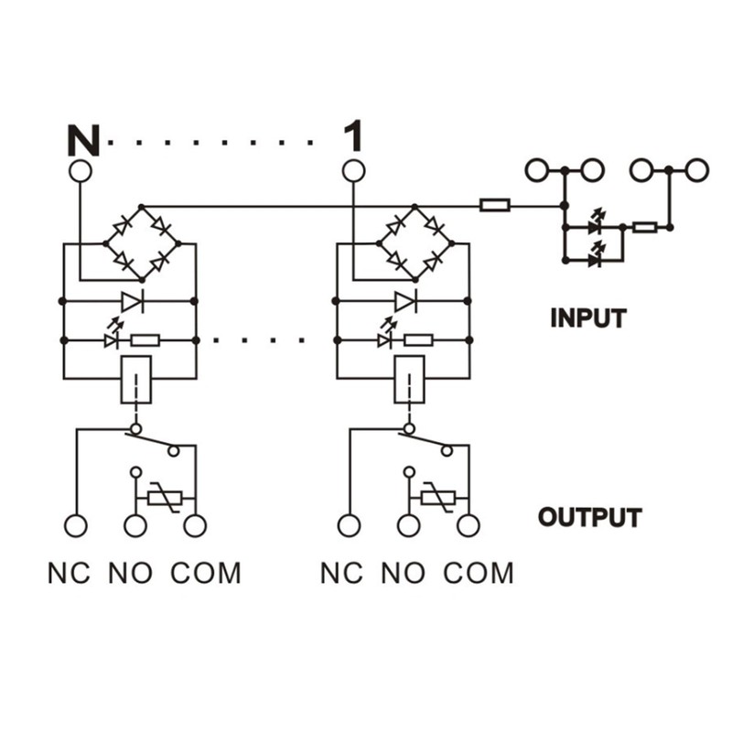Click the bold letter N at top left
pos(83,139)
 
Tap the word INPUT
pos(588,318)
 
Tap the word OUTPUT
pos(589,517)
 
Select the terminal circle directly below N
pos(81,171)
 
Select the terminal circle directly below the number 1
pos(353,171)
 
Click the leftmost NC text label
pos(70,574)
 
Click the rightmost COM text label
pos(478,574)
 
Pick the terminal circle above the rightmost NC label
pos(350,526)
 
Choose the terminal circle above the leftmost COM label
pos(195,526)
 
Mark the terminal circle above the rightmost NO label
pos(409,526)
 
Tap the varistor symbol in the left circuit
pos(165,499)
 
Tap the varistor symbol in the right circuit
pos(437,499)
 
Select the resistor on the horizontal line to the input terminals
pos(495,205)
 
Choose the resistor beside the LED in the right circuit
pos(418,340)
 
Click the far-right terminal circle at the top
pos(698,170)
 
